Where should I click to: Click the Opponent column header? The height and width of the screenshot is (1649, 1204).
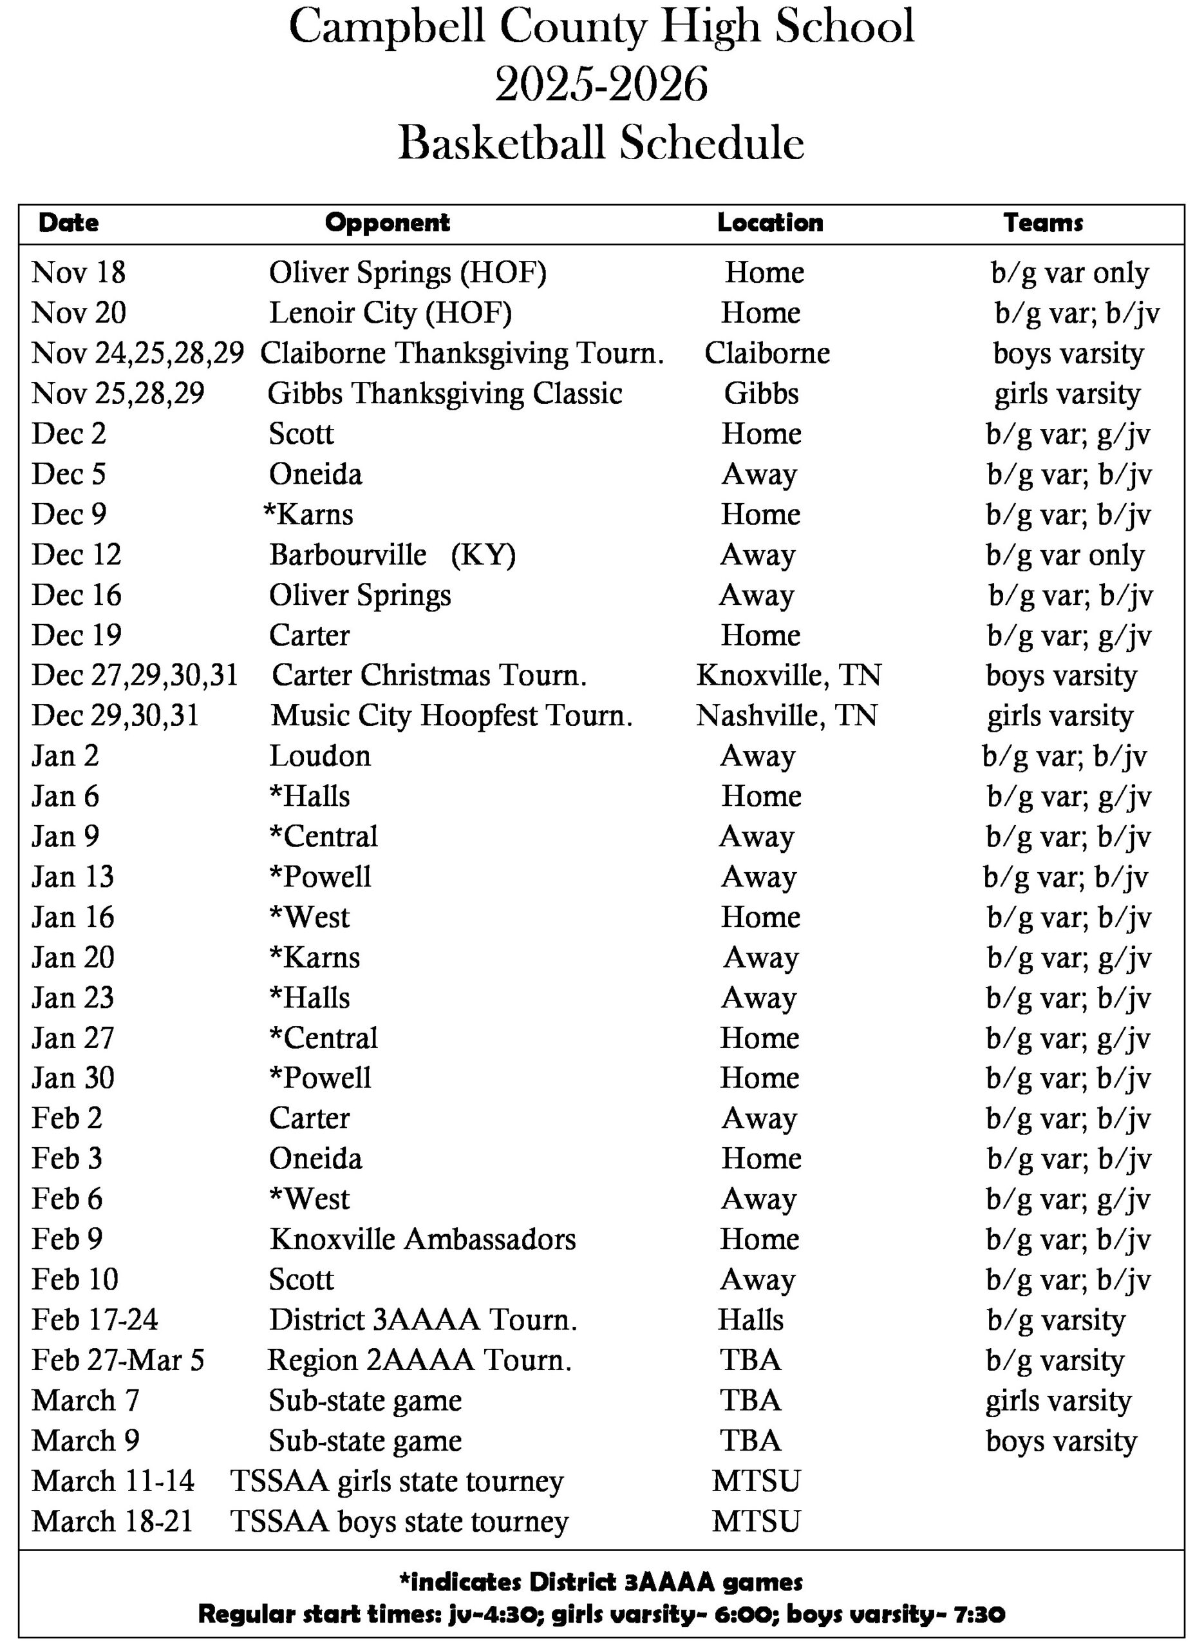tap(387, 222)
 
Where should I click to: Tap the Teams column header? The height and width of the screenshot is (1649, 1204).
tap(1043, 222)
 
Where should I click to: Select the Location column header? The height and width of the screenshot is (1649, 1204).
tap(769, 222)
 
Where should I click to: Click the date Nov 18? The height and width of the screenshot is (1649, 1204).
tap(79, 272)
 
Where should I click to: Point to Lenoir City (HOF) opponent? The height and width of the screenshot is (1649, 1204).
tap(391, 313)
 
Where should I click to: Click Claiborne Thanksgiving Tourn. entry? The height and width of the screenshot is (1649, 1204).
tap(462, 353)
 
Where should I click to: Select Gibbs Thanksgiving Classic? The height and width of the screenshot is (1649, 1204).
tap(444, 394)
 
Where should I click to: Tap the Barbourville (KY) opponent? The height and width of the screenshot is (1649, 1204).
tap(392, 555)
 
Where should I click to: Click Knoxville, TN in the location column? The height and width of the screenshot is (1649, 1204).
tap(788, 675)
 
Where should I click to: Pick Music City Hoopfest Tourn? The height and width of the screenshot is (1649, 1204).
tap(452, 716)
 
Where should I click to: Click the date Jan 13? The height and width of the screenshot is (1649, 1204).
tap(73, 877)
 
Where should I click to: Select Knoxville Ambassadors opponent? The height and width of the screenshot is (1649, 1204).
tap(423, 1239)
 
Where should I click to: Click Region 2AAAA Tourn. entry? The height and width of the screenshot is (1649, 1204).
tap(419, 1360)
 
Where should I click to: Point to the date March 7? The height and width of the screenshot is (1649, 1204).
tap(85, 1400)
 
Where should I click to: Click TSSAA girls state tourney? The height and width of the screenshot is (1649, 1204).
tap(397, 1482)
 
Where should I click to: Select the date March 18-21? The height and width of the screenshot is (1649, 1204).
tap(112, 1521)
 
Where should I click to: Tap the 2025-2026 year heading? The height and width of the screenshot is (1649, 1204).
tap(601, 84)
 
